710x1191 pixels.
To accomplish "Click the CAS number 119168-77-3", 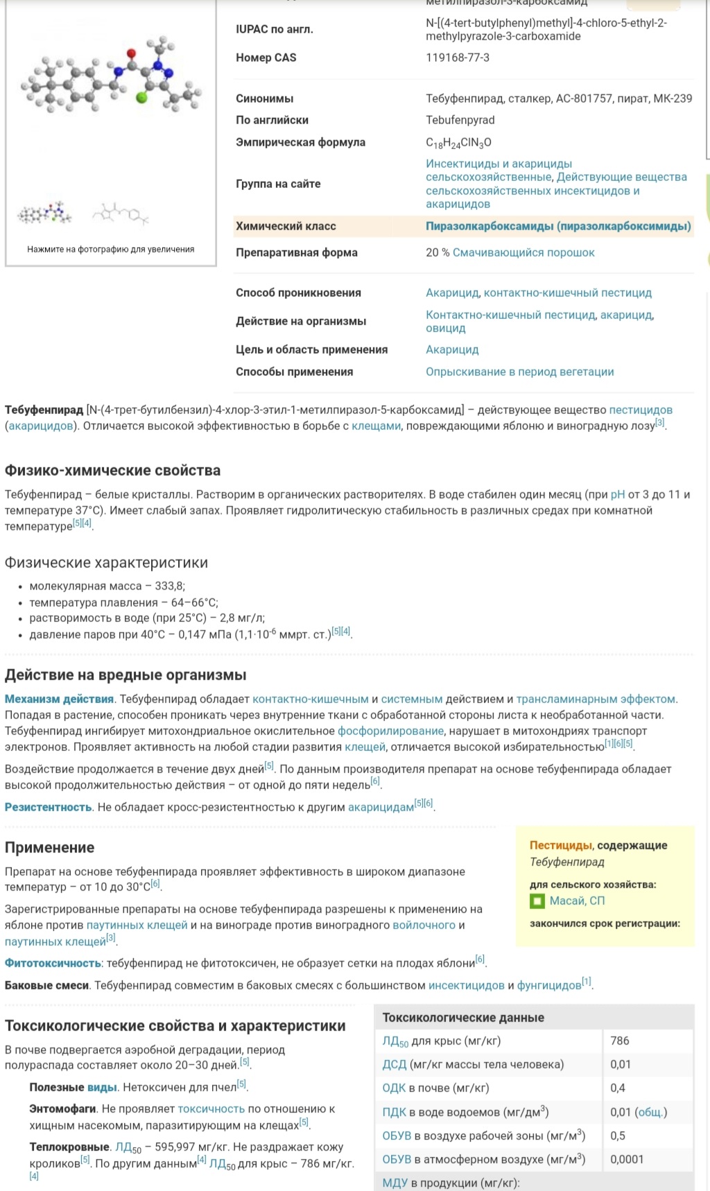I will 458,58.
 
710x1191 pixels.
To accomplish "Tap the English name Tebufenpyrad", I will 460,120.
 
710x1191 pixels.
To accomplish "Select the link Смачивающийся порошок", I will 523,252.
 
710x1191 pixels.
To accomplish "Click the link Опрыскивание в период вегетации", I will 519,372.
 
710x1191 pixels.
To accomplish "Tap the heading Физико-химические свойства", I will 113,470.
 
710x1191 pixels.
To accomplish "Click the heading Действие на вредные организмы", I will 125,675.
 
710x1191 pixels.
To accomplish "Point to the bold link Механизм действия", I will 59,699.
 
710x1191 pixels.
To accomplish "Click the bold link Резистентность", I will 49,807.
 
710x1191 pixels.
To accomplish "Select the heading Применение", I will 49,847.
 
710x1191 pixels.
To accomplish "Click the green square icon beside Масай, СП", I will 537,901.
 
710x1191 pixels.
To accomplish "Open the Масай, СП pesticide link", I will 577,901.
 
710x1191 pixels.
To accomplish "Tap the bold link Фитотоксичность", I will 53,963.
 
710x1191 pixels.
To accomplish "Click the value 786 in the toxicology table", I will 620,1041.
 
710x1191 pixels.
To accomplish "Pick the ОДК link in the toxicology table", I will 394,1088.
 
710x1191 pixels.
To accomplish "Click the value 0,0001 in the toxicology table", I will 627,1159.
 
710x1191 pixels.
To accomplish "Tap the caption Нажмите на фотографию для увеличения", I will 111,249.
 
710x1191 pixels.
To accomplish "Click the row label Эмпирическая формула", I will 300,142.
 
